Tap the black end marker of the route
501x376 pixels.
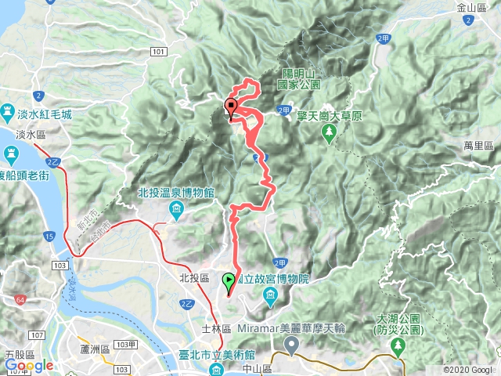[x=231, y=108]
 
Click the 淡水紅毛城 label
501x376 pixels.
[x=47, y=114]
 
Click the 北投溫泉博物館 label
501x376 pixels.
[x=172, y=193]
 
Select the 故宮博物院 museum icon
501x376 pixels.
[x=271, y=295]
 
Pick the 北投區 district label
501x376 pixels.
[x=193, y=278]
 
